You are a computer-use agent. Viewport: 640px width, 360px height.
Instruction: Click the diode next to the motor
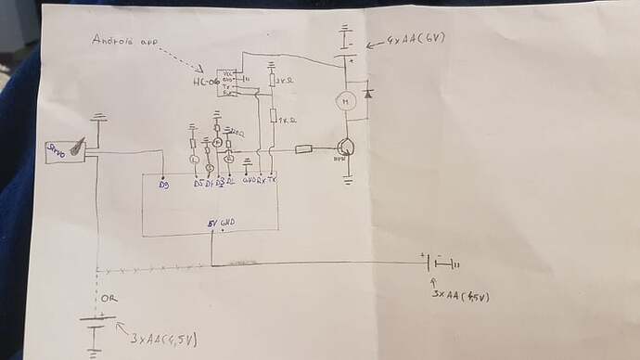pos(368,93)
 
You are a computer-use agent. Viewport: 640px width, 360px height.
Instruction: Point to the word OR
pos(110,299)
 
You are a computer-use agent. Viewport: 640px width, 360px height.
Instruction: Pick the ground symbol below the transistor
pos(347,180)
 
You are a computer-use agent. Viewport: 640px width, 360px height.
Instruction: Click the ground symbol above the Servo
pos(99,119)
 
